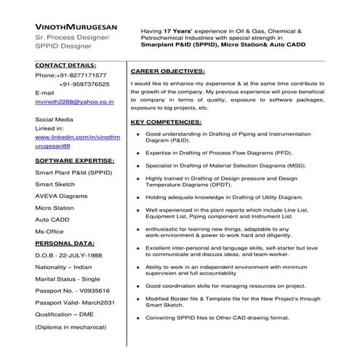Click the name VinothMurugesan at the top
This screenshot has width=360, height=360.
72,25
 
